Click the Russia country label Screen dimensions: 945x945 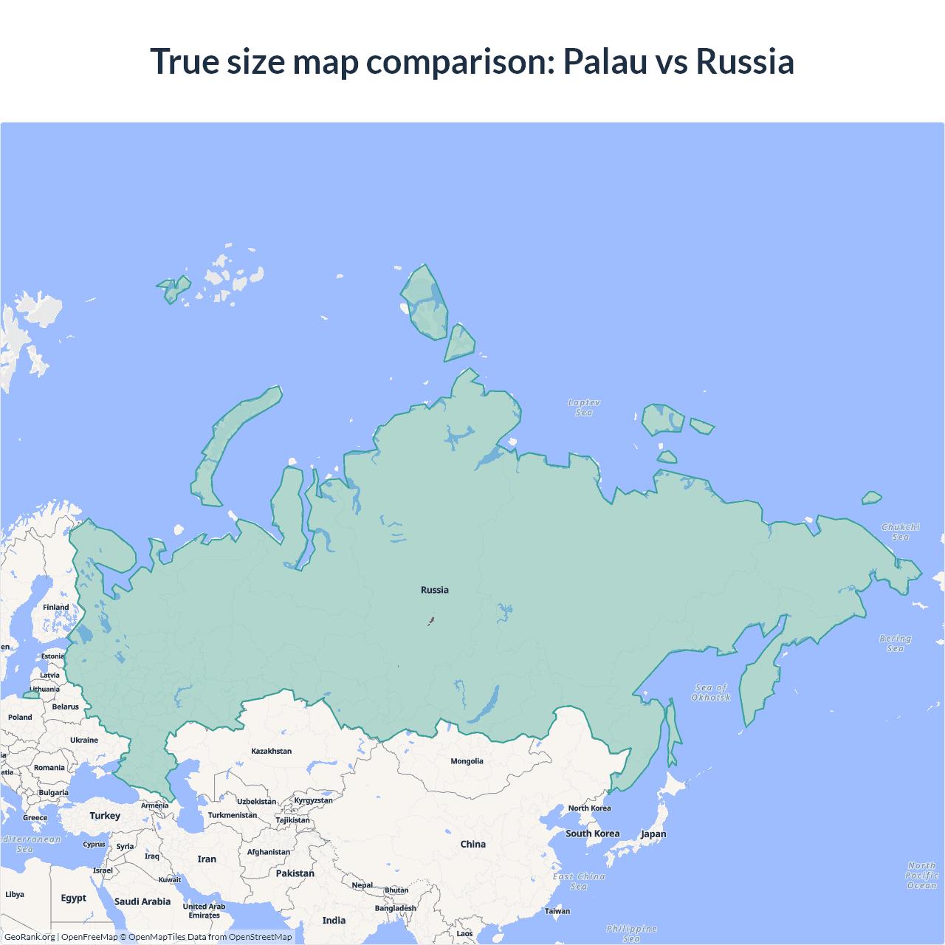click(x=434, y=590)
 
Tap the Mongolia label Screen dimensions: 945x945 click(x=467, y=761)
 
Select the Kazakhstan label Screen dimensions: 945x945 click(x=271, y=751)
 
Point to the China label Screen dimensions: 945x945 click(x=472, y=844)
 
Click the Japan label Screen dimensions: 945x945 click(x=653, y=834)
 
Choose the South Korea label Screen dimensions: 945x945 click(x=592, y=834)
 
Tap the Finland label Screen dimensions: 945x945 click(x=55, y=608)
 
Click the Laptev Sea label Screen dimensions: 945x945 click(x=584, y=408)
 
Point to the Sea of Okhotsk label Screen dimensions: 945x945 click(x=711, y=693)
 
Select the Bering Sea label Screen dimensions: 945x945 click(x=895, y=643)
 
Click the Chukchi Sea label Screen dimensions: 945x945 click(x=901, y=532)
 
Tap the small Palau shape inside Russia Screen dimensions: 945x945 click(x=431, y=621)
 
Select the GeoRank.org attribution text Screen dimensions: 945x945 click(x=30, y=937)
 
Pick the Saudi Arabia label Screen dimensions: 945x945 click(x=142, y=901)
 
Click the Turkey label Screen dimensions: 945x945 click(x=105, y=816)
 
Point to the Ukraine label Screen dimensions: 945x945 click(x=84, y=740)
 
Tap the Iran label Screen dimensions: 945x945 click(x=207, y=859)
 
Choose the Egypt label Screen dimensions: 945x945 click(x=74, y=898)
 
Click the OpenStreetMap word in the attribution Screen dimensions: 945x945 click(x=260, y=937)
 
